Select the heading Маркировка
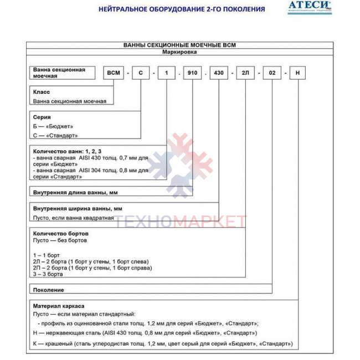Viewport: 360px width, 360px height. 179,52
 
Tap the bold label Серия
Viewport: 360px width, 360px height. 42,117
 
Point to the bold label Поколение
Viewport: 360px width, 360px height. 49,290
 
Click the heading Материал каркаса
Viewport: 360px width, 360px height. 59,305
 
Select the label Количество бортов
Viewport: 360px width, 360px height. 61,233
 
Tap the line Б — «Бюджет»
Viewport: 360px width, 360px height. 53,126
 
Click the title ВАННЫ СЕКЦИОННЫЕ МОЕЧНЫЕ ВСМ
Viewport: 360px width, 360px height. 179,45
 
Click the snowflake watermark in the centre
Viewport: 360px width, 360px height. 179,166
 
